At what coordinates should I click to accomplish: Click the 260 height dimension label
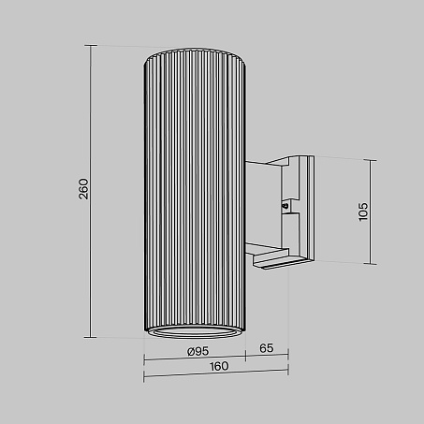pos(83,189)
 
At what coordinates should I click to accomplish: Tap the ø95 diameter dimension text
pos(197,351)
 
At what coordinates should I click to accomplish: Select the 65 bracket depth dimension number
pos(267,348)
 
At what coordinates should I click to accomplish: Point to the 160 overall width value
pos(219,366)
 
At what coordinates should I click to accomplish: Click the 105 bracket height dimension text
pos(363,212)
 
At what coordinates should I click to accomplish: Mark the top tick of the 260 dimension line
pos(91,46)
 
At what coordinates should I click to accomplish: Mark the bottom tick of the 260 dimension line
pos(91,337)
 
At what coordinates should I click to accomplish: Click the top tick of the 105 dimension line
pos(371,160)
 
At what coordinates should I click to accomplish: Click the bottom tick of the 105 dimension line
pos(371,264)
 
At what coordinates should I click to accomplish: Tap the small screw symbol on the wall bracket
pos(285,206)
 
